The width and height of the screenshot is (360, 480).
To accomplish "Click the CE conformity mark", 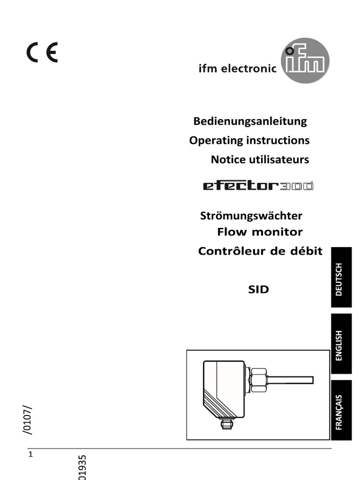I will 42,52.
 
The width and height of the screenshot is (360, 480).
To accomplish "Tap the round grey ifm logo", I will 305,60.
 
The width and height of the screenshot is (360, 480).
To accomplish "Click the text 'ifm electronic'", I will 238,69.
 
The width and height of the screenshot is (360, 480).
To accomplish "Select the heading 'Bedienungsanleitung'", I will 250,121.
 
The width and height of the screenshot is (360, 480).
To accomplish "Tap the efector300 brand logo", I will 258,186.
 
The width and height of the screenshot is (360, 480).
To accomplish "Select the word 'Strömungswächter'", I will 251,216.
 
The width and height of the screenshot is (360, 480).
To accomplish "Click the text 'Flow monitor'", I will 260,232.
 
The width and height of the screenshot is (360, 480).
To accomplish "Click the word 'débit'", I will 307,251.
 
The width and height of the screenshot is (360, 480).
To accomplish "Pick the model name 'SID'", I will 259,290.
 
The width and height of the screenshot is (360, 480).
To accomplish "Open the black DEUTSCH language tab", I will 341,277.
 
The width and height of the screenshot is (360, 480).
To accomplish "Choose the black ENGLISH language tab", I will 341,344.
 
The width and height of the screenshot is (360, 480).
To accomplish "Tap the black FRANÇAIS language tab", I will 341,410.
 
